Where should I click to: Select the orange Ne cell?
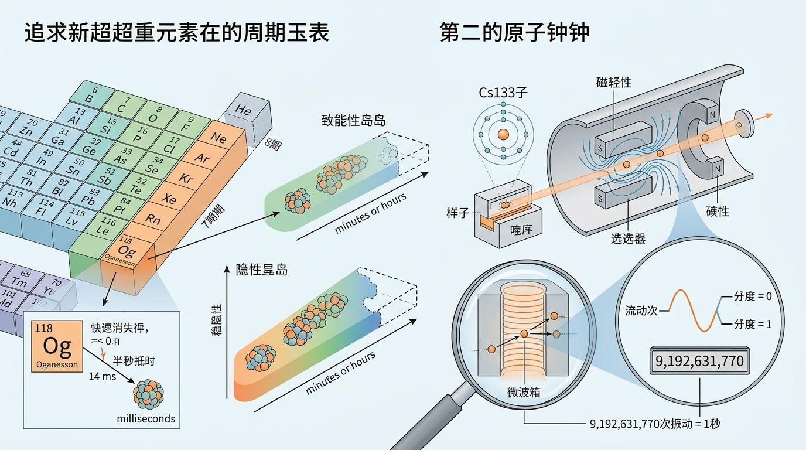(x=218, y=138)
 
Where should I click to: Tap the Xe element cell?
(x=169, y=199)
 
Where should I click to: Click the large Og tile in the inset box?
(x=57, y=346)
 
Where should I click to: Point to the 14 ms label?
(x=102, y=377)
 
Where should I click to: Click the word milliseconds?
(x=146, y=419)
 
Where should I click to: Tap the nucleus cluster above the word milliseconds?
(x=149, y=393)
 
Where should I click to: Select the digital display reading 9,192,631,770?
(x=699, y=360)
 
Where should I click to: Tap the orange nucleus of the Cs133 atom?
(x=503, y=135)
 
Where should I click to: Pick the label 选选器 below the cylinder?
(x=627, y=238)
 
